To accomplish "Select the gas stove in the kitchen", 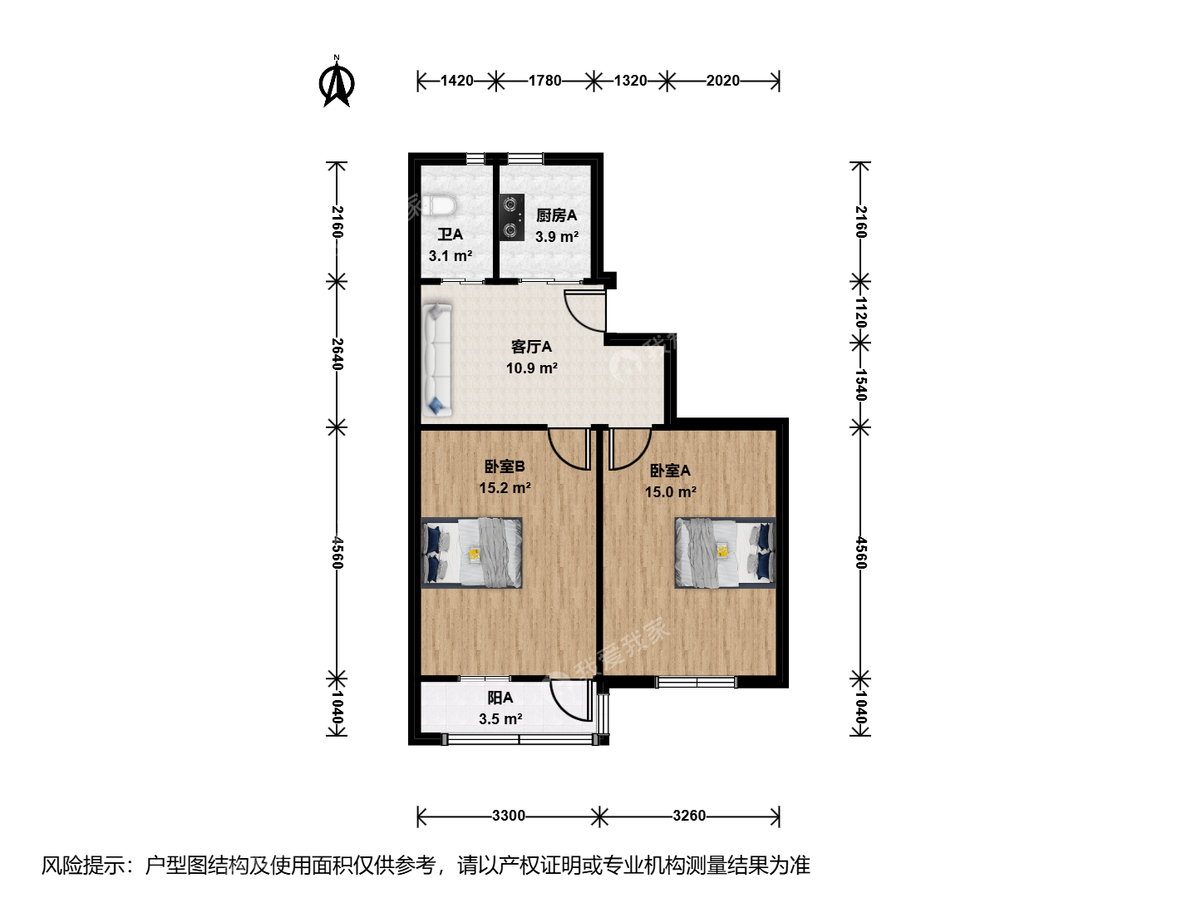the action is [x=511, y=218].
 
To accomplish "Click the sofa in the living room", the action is [x=437, y=360].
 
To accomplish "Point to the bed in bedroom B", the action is [x=471, y=552].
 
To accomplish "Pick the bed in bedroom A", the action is [x=726, y=552].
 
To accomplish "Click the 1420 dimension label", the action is [x=457, y=81].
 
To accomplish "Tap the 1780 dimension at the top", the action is [x=544, y=81].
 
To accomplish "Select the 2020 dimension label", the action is [x=723, y=81].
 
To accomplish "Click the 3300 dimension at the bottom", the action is [x=508, y=816].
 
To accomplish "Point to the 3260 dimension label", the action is [x=689, y=816].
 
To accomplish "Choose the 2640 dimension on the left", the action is [x=337, y=354].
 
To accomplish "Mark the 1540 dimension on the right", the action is [x=860, y=385].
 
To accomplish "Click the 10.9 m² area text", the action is [x=532, y=368].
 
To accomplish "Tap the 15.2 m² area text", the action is [x=505, y=488].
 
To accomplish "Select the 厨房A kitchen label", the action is [x=556, y=216].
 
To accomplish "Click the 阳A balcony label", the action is [x=500, y=698].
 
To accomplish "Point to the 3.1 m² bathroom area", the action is [x=451, y=256].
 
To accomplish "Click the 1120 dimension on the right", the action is [x=860, y=312].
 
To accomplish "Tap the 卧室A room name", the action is [x=670, y=471].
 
